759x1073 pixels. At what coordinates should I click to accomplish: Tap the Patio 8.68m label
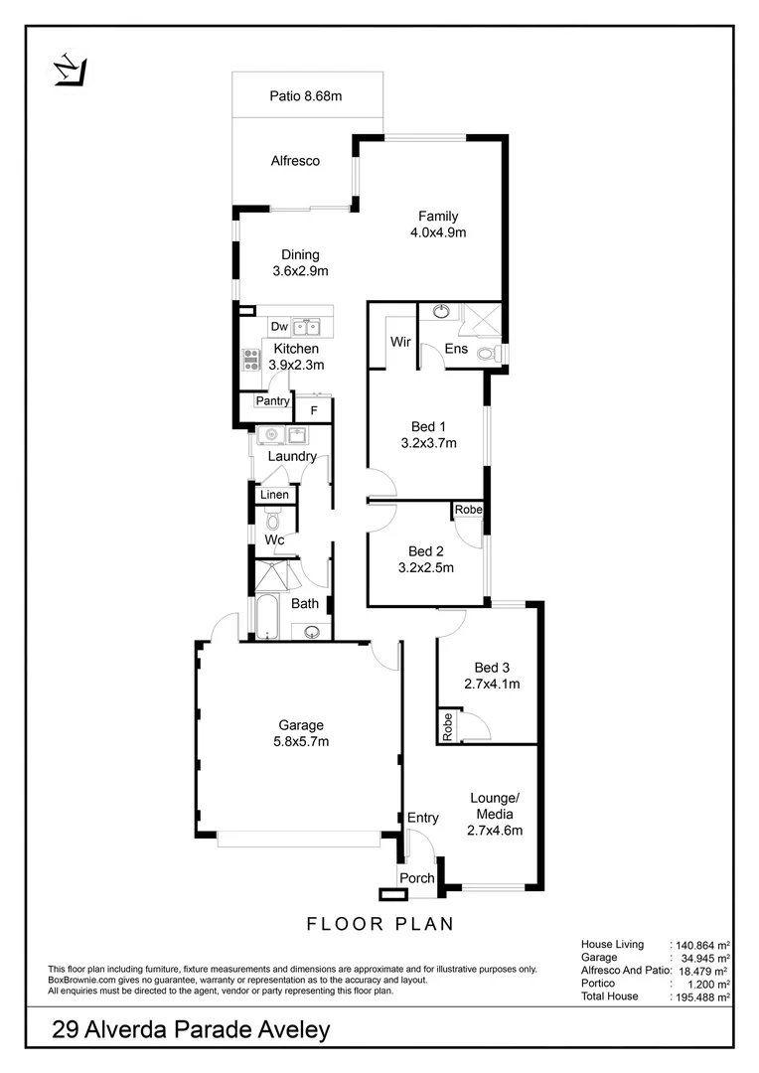click(x=306, y=96)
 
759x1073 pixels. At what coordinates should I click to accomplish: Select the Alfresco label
click(x=295, y=160)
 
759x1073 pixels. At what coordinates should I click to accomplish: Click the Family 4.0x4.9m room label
click(x=438, y=225)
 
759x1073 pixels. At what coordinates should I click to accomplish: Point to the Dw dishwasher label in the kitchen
click(x=278, y=326)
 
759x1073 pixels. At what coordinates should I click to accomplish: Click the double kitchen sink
click(x=306, y=326)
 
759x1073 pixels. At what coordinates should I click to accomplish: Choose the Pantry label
click(x=272, y=401)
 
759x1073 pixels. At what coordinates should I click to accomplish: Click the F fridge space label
click(x=314, y=409)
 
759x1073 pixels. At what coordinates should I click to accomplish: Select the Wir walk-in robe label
click(x=400, y=342)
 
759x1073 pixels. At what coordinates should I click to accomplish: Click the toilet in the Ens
click(x=485, y=353)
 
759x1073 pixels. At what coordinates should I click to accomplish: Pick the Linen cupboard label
click(x=274, y=495)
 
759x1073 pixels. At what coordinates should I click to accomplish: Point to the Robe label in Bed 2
click(x=468, y=510)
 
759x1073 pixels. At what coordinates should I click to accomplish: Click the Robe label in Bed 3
click(x=448, y=727)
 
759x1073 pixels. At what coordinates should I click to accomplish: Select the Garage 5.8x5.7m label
click(x=300, y=733)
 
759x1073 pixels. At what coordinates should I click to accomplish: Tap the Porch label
click(x=416, y=878)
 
